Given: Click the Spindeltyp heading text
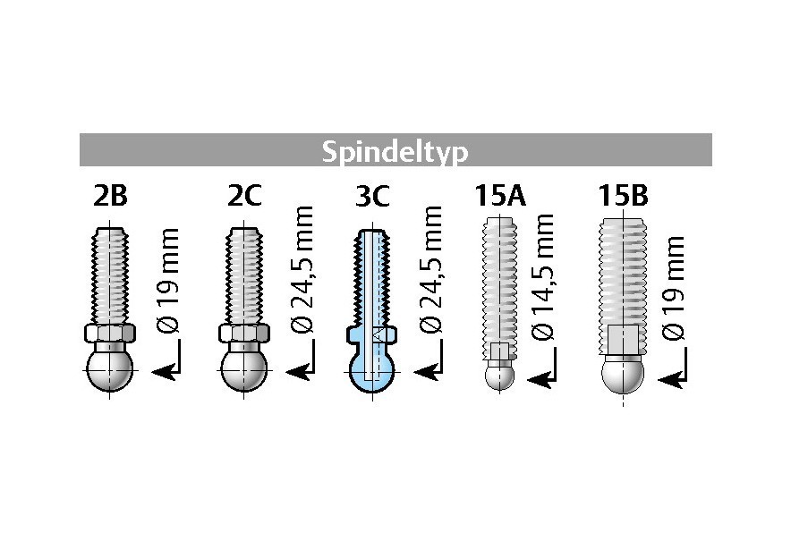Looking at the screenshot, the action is (x=395, y=151).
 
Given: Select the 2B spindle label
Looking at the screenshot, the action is (x=110, y=196).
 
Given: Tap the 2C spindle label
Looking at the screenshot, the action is (x=244, y=196).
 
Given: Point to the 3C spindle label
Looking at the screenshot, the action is (x=373, y=196).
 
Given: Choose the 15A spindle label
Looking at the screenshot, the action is (x=500, y=196).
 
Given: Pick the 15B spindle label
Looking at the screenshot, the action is (x=624, y=196).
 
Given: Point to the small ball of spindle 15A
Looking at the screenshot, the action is (x=500, y=375).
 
